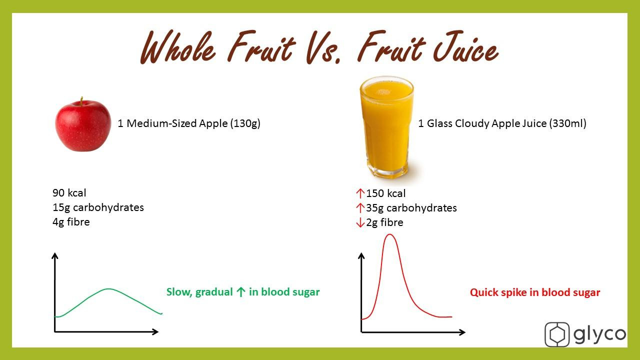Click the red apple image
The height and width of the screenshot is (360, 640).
click(83, 124)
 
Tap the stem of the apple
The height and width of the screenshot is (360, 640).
click(81, 101)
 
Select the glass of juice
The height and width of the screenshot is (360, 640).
click(386, 127)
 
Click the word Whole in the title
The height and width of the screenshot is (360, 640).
click(177, 47)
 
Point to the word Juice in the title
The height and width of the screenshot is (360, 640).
click(465, 47)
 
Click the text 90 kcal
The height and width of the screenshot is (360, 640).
click(69, 193)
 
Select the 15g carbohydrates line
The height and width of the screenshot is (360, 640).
click(98, 207)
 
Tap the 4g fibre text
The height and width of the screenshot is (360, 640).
click(71, 222)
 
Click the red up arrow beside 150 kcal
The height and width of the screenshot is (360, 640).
click(360, 193)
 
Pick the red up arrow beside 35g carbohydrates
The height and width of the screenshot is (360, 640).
click(360, 208)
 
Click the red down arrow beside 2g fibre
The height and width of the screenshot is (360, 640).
click(360, 222)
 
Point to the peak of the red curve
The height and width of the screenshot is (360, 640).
click(389, 234)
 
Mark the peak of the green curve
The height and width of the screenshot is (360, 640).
click(108, 289)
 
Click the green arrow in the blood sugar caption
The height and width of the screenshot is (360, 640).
click(241, 291)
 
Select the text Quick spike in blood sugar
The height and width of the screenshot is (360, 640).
click(535, 292)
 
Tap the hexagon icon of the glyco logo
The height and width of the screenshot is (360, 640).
click(557, 334)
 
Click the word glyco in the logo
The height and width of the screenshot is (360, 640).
click(599, 334)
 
